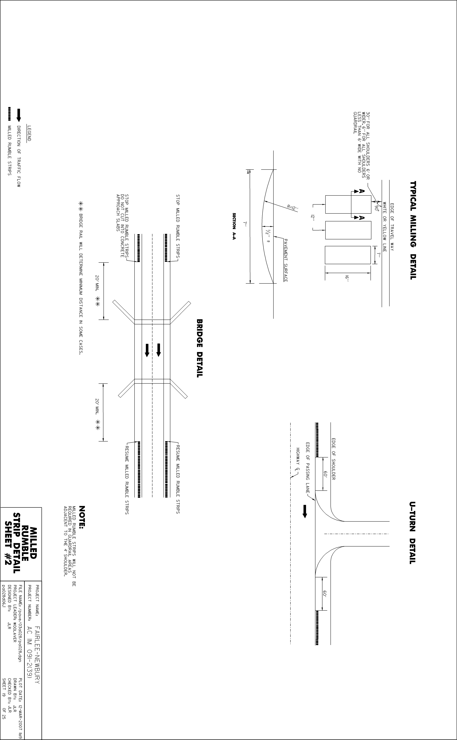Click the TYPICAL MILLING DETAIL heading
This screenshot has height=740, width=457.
point(413,230)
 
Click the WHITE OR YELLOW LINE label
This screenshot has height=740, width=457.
point(385,227)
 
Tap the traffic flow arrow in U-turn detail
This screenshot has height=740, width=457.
point(305,511)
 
